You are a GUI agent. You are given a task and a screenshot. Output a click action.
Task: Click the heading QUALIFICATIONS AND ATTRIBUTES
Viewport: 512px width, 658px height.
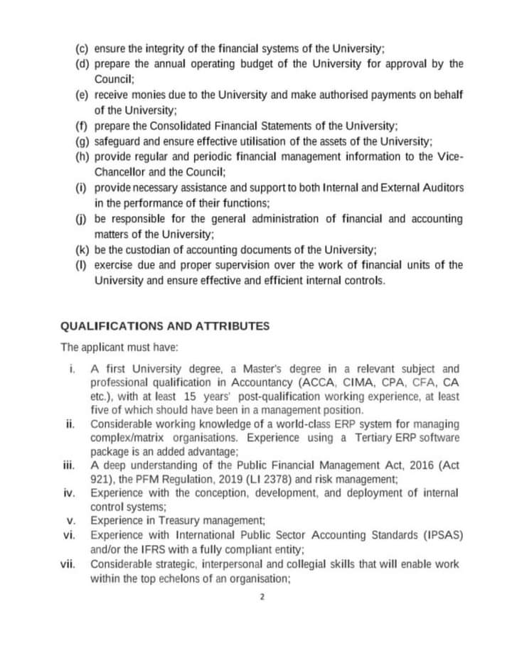(x=165, y=326)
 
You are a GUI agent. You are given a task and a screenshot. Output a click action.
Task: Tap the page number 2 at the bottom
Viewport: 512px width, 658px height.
(x=262, y=597)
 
